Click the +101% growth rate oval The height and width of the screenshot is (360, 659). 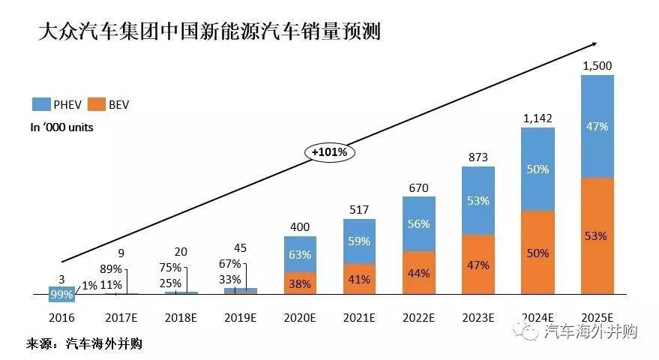[x=330, y=152]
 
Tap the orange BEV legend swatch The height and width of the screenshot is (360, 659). [x=97, y=104]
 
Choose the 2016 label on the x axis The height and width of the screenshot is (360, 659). [x=63, y=316]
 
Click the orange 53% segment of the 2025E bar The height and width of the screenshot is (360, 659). [x=598, y=236]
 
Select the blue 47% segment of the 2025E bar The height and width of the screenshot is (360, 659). [x=598, y=126]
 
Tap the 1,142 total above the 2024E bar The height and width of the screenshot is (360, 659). [x=538, y=118]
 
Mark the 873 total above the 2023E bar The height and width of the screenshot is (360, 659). [x=478, y=157]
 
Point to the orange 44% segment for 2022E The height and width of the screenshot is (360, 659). [x=419, y=273]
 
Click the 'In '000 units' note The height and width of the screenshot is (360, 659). [x=61, y=127]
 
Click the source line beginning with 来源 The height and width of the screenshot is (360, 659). [x=84, y=344]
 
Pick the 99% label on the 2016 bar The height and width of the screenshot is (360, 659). [x=61, y=295]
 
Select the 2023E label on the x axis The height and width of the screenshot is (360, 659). [x=478, y=316]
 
